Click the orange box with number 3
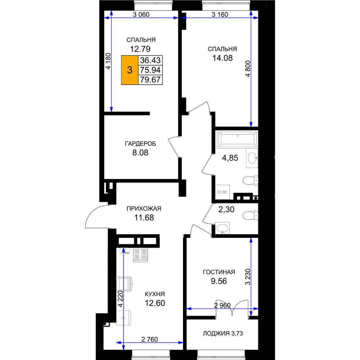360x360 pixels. (x=130, y=70)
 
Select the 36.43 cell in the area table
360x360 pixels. (x=150, y=60)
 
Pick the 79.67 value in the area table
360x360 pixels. (x=150, y=80)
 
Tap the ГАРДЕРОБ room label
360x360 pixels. (x=140, y=144)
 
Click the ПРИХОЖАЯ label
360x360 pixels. (x=144, y=208)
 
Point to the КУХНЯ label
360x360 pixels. (x=155, y=294)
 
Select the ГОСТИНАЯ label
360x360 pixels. (x=219, y=272)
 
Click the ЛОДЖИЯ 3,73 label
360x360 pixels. (x=223, y=333)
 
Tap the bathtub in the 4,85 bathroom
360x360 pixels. (x=237, y=139)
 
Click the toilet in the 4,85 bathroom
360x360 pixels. (x=250, y=180)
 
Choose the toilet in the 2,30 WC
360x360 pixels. (x=250, y=216)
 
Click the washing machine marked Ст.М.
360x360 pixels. (x=222, y=192)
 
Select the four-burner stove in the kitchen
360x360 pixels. (x=140, y=255)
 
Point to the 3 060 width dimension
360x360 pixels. (x=141, y=15)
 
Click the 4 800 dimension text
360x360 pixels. (x=248, y=69)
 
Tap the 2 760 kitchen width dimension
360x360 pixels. (x=150, y=339)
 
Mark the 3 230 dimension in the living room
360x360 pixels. (x=248, y=277)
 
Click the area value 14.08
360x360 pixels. (x=222, y=58)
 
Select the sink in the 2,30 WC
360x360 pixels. (x=222, y=228)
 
